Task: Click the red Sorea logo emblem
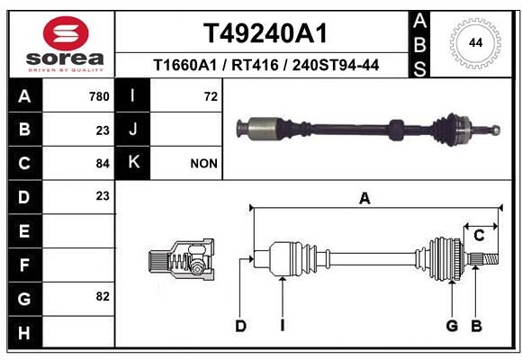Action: [x=66, y=33]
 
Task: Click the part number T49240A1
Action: [x=265, y=33]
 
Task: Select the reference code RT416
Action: [x=255, y=65]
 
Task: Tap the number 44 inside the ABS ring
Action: [x=475, y=43]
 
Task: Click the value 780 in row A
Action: [x=99, y=96]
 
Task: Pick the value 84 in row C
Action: [x=103, y=164]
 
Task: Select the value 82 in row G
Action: [x=103, y=296]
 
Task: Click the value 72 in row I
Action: [x=211, y=96]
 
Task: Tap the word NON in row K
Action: [x=203, y=164]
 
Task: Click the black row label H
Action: [x=25, y=332]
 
